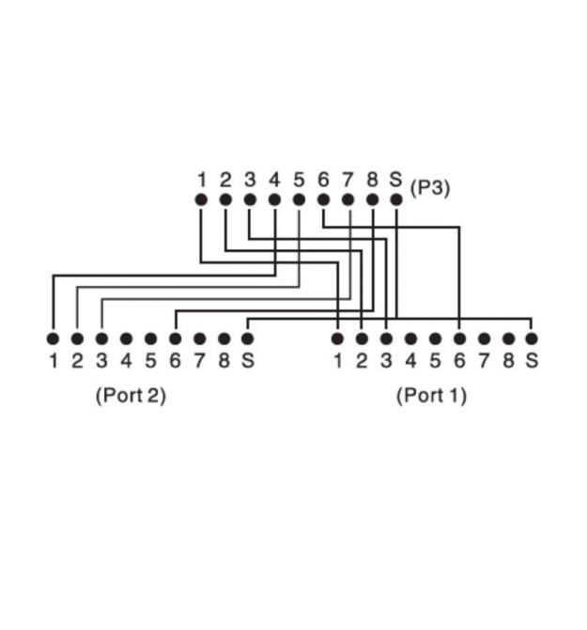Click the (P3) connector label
(430, 188)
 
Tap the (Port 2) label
(131, 395)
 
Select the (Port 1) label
(431, 395)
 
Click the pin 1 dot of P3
(201, 199)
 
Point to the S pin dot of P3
(396, 199)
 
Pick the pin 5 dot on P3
(299, 199)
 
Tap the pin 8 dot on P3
(372, 199)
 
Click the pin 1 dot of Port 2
(53, 339)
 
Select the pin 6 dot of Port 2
(175, 339)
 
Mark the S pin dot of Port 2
(248, 339)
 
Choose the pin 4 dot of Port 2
(127, 339)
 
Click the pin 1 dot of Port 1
(337, 339)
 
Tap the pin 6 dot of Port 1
(460, 339)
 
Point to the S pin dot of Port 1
(532, 339)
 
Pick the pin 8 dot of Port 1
(509, 339)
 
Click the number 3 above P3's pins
(250, 180)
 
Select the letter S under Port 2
(248, 360)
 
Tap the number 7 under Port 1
(484, 360)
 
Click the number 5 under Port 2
(150, 360)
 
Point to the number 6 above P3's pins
(323, 180)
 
